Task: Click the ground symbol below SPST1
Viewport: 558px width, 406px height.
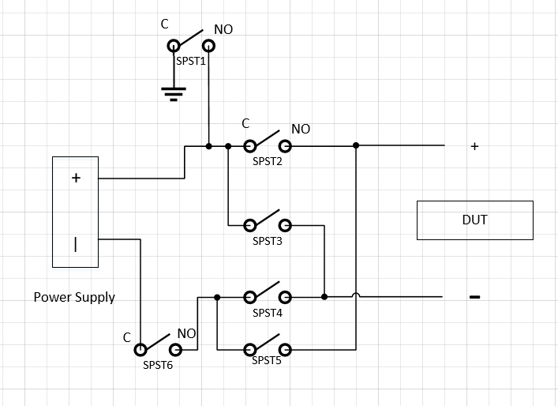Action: point(174,95)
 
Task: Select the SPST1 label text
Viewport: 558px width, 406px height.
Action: point(191,60)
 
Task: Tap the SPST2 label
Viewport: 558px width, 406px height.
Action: point(268,160)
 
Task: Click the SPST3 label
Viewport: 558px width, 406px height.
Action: point(268,241)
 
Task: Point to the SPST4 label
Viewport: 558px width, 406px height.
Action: point(268,312)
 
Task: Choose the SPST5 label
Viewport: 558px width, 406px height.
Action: point(268,360)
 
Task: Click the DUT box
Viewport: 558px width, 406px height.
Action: point(474,220)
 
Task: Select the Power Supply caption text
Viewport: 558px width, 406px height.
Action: point(74,297)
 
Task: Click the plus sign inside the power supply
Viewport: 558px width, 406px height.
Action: point(76,178)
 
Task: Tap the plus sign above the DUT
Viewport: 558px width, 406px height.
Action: point(474,146)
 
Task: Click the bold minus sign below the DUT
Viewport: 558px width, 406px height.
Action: point(474,297)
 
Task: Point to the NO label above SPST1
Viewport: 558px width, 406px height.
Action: point(223,29)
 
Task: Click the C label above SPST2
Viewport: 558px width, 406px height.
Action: point(245,123)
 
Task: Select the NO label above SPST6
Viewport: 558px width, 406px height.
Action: point(186,333)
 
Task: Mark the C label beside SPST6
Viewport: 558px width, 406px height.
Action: point(126,337)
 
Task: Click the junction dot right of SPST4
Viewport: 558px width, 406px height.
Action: point(324,297)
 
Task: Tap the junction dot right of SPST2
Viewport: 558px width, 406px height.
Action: point(356,145)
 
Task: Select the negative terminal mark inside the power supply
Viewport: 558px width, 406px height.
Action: point(76,244)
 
